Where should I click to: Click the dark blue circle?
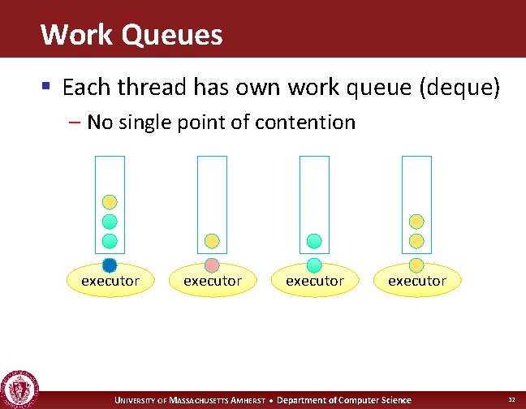(110, 265)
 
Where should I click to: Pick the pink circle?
(212, 265)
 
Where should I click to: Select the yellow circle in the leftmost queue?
(110, 202)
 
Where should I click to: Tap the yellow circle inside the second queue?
(212, 241)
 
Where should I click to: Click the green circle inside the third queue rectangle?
(314, 241)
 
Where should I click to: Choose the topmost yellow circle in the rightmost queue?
(416, 222)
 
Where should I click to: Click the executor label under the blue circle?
(110, 281)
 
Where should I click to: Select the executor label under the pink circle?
(213, 281)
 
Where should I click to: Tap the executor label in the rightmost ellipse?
(417, 281)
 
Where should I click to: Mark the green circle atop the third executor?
(314, 265)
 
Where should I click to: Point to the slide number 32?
(511, 399)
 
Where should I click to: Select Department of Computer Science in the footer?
(344, 400)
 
